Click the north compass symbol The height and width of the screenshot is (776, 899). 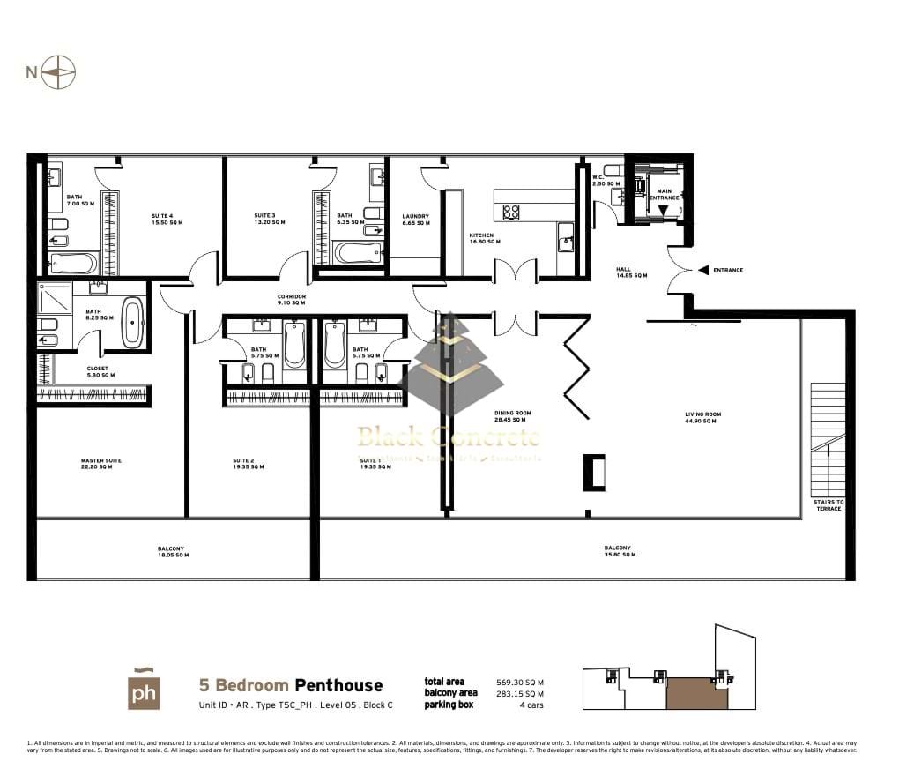click(x=61, y=72)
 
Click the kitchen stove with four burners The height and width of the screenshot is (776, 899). click(x=511, y=212)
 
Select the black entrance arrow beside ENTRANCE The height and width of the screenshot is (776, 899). click(x=702, y=271)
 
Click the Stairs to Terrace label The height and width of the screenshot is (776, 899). click(x=828, y=505)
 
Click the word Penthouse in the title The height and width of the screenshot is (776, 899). click(x=338, y=685)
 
